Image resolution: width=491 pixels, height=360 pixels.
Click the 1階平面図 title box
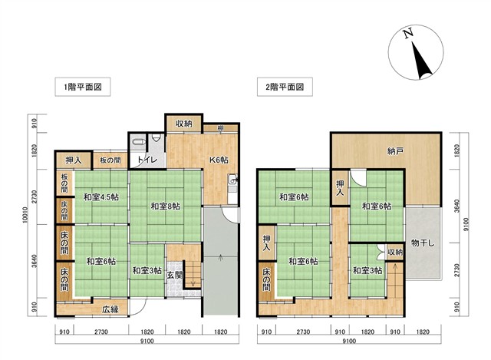83,87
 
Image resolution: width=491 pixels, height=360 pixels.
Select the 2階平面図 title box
285,87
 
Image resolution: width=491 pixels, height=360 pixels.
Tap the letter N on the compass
407,34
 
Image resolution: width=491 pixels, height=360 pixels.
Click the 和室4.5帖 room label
101,197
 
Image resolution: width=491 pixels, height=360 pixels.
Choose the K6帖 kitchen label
219,160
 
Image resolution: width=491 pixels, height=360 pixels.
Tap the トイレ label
147,160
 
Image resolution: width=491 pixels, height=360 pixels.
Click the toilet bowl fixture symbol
138,141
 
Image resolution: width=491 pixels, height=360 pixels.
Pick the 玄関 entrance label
174,275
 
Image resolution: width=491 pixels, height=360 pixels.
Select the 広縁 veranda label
110,309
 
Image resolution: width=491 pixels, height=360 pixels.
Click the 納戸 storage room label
395,152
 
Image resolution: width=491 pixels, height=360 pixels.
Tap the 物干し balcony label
423,243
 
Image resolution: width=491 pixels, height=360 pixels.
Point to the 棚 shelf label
221,128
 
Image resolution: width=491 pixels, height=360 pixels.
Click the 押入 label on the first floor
74,160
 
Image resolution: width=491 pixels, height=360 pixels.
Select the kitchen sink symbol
232,180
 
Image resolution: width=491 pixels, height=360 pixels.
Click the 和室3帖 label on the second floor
367,270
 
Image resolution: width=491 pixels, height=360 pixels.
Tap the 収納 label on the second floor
395,252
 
